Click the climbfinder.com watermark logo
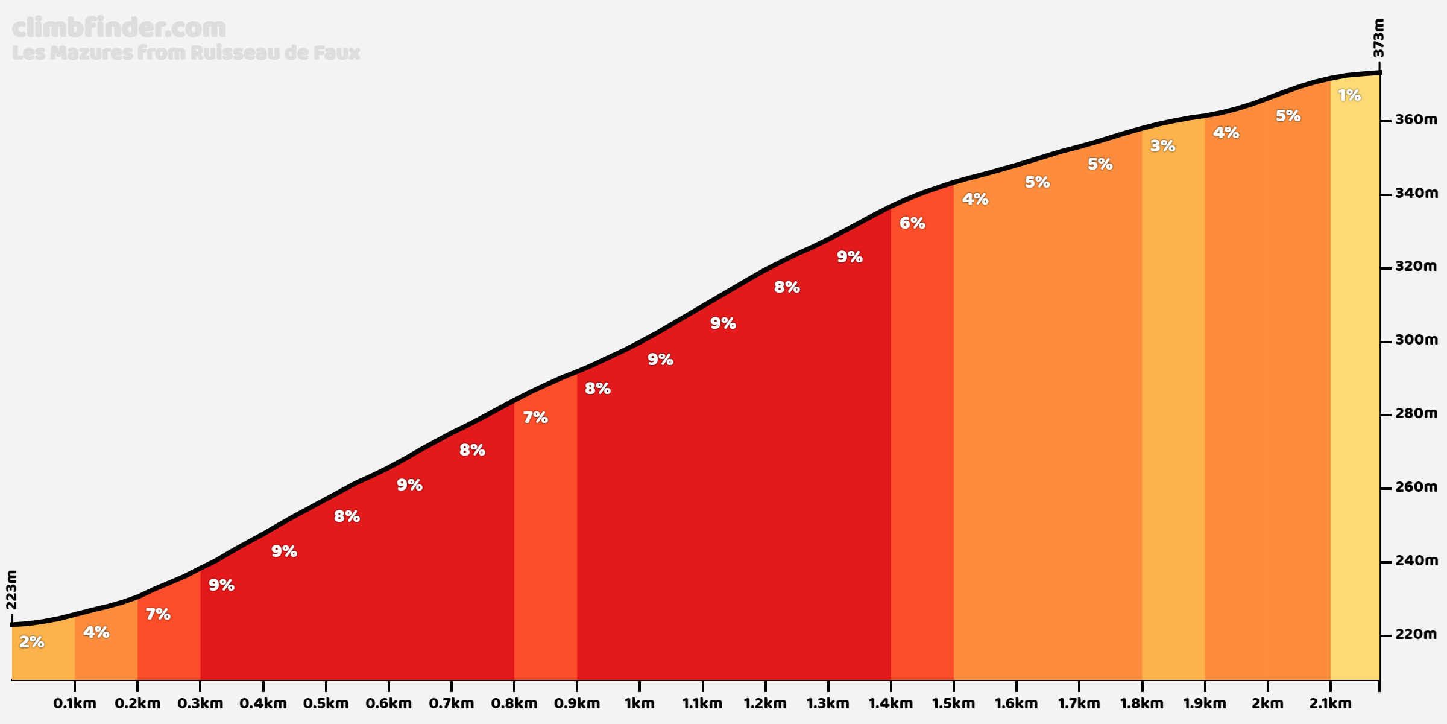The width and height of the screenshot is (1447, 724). point(119,28)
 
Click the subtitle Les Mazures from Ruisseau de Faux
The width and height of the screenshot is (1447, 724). point(186,52)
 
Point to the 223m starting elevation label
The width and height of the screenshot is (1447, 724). point(11,590)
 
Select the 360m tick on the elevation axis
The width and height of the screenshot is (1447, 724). point(1416,119)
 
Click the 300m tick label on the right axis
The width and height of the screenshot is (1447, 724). point(1416,340)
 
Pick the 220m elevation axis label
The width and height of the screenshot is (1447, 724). point(1416,635)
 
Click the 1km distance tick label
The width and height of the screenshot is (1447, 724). point(639,703)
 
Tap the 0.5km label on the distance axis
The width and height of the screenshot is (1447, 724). point(326,703)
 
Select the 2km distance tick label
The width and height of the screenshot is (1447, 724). point(1267,703)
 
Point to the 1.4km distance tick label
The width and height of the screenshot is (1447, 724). point(891,703)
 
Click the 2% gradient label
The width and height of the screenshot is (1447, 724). point(32,642)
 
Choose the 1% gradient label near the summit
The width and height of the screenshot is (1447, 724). point(1349,95)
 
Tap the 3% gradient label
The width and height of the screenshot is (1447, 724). point(1162,146)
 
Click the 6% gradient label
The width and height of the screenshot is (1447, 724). point(912,223)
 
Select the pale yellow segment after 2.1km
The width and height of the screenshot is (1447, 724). point(1355,392)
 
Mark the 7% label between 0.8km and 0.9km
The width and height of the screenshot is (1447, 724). point(535,418)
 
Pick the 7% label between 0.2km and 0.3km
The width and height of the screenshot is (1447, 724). point(158,614)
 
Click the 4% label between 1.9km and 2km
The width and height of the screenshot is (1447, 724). point(1226,133)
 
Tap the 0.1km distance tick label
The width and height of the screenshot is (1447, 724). point(75,703)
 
